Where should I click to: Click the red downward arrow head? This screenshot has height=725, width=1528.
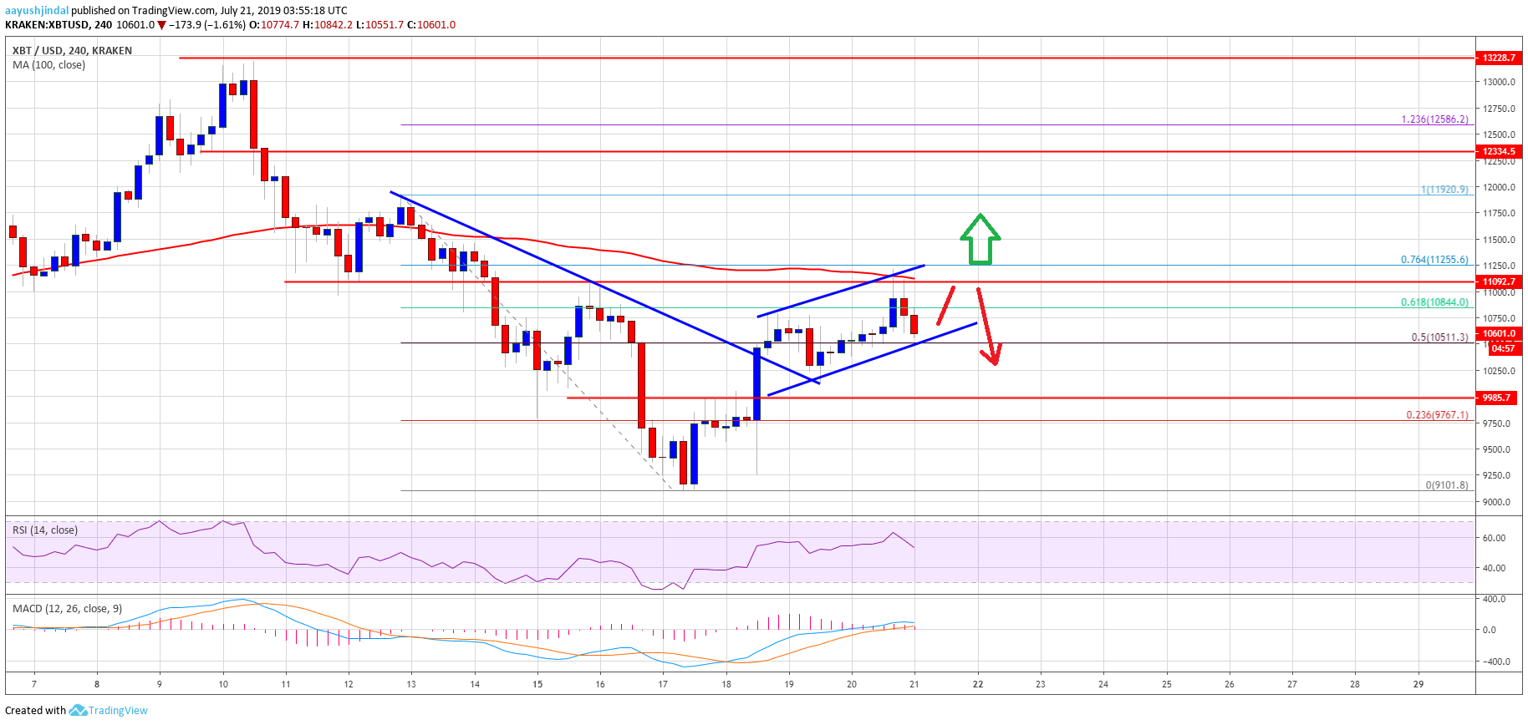[993, 357]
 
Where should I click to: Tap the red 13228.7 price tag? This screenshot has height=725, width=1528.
[1499, 58]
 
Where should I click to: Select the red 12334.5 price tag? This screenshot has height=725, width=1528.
[1499, 151]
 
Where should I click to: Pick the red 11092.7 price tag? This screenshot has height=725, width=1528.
[1499, 281]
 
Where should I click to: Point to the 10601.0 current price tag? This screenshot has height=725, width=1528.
[1499, 333]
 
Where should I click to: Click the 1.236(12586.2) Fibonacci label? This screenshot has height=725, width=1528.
[1434, 119]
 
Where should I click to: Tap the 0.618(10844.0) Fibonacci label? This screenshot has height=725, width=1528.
[1434, 302]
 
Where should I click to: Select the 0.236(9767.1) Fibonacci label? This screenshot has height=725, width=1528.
[1437, 415]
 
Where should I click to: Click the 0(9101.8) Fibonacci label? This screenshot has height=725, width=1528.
[1446, 485]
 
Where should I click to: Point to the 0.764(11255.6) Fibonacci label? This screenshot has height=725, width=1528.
[1434, 260]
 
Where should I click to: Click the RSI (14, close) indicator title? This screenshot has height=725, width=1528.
[45, 530]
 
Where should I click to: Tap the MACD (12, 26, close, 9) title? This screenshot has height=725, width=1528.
[67, 609]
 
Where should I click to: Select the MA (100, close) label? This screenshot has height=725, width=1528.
[48, 65]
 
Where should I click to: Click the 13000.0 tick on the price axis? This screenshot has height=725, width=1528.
[1500, 82]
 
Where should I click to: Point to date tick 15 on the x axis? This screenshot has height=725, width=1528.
[537, 684]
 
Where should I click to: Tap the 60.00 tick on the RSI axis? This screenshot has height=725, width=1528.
[1494, 538]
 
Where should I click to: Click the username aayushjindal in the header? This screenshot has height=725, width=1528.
[37, 11]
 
